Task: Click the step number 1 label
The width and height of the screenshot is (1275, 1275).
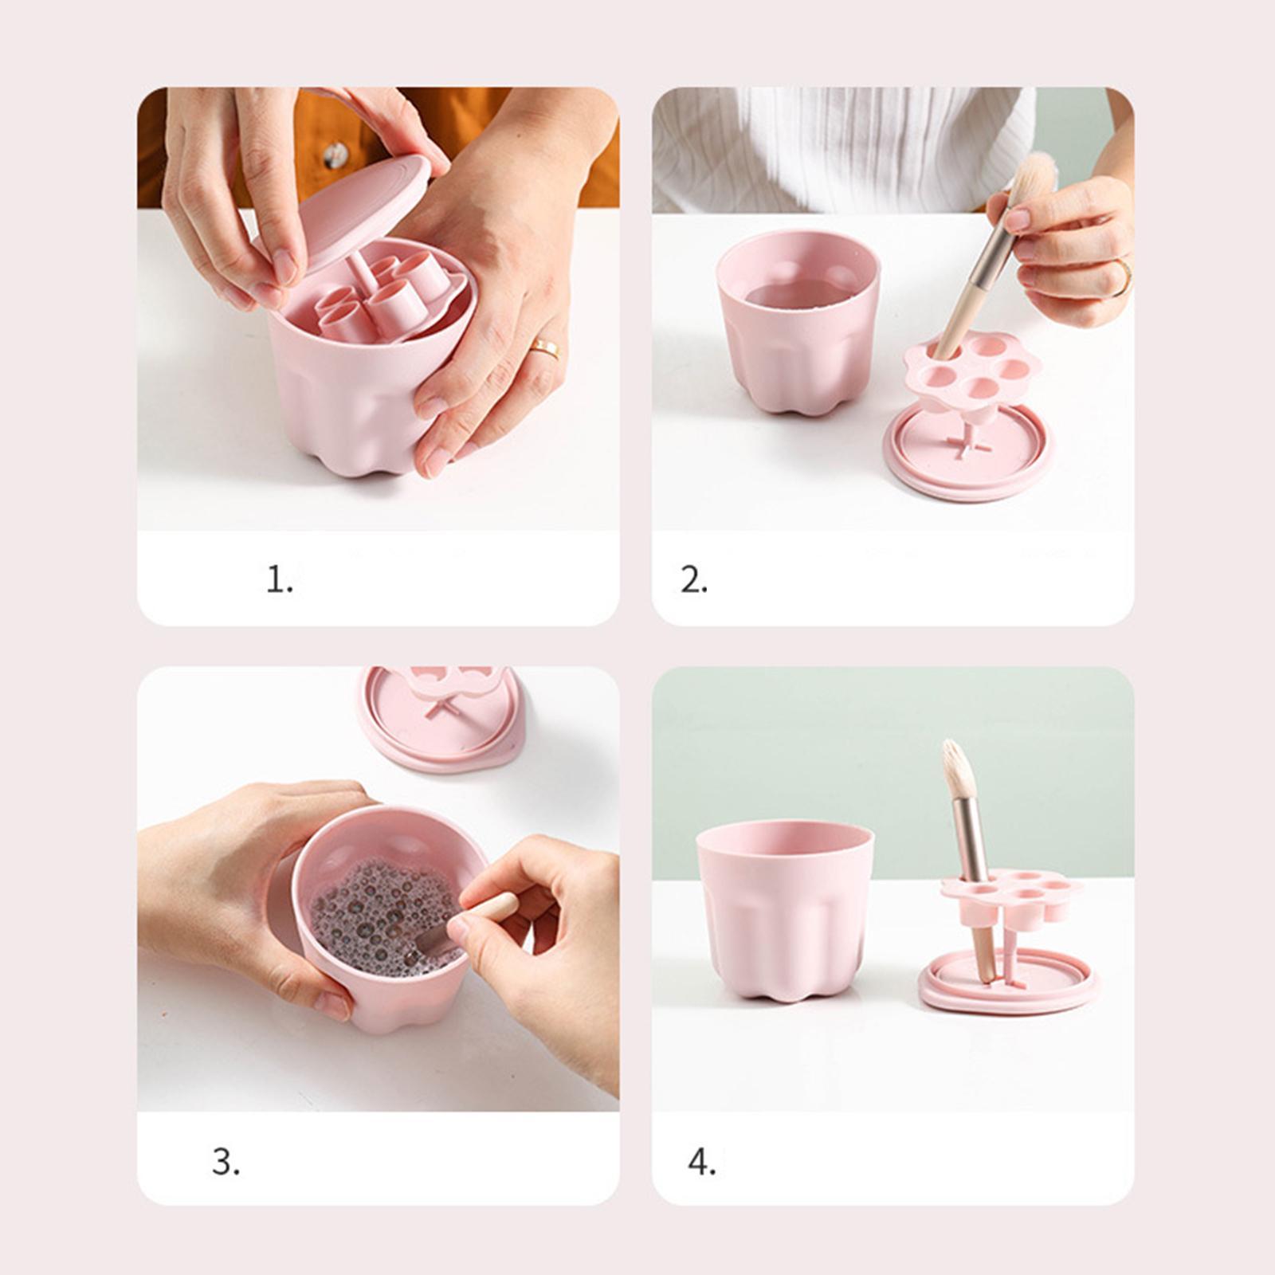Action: click(279, 579)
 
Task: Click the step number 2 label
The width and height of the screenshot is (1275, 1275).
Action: click(693, 579)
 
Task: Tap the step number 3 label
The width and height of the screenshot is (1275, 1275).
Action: click(226, 1162)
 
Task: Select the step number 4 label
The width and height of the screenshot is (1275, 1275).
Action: click(701, 1162)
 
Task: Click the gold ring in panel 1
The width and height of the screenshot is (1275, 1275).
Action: click(545, 347)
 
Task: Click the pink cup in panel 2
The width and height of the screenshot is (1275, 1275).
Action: click(798, 322)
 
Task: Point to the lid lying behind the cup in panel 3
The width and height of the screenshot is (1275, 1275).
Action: click(442, 721)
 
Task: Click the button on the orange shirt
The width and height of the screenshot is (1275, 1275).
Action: click(335, 155)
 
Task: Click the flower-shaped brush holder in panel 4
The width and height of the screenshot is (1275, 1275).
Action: click(1012, 896)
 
